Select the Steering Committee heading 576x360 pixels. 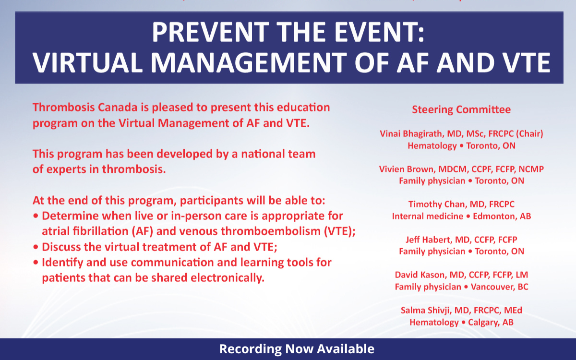click(x=461, y=109)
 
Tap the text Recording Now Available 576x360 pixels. click(x=297, y=349)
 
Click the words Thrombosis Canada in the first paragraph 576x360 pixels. click(x=76, y=107)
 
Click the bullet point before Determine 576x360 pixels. click(x=36, y=216)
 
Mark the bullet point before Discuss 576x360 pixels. click(x=36, y=247)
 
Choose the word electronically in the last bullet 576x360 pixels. click(x=226, y=278)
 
